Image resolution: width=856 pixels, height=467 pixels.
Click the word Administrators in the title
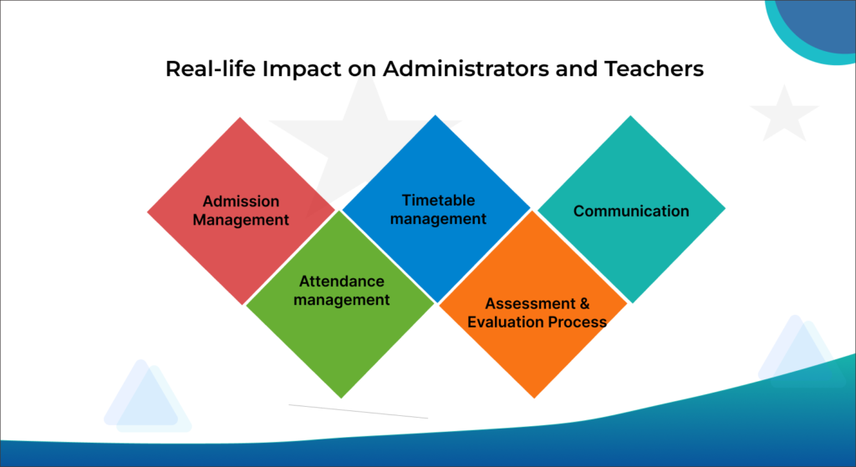(466, 69)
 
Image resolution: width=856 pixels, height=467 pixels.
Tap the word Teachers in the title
(654, 69)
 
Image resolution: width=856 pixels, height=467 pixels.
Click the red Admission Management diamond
(241, 211)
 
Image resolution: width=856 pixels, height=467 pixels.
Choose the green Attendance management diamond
(341, 304)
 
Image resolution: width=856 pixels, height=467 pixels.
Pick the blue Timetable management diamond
(436, 209)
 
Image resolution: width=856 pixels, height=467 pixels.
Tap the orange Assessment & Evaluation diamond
(533, 304)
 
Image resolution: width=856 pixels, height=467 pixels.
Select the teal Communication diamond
(632, 210)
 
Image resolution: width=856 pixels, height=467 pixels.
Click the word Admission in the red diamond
(241, 201)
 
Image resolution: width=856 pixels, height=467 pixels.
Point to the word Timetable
(438, 201)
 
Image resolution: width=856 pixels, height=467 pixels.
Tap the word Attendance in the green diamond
(342, 281)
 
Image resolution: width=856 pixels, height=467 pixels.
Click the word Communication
(631, 211)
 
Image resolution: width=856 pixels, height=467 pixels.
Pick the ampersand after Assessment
(584, 303)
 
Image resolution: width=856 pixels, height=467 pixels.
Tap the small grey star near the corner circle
(784, 114)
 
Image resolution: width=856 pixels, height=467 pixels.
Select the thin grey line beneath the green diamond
(358, 411)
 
